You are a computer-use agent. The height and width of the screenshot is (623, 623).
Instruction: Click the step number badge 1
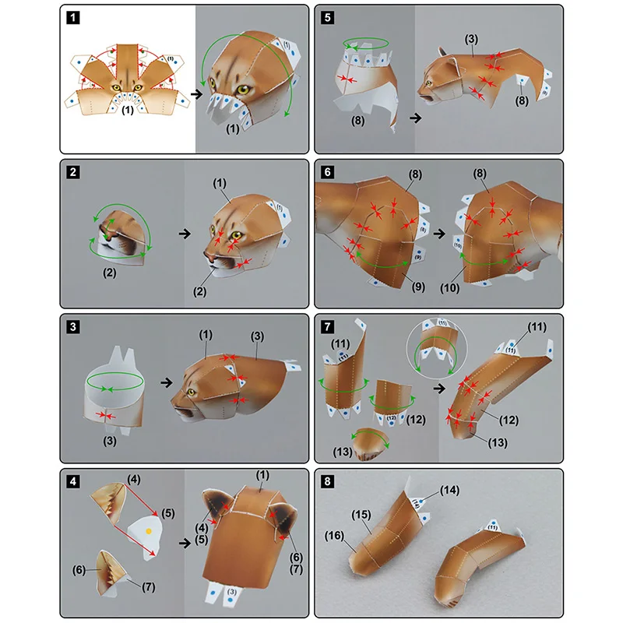[72, 16]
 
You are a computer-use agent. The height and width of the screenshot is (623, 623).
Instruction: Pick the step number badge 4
[72, 480]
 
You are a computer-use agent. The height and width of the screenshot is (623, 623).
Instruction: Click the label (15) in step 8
[360, 515]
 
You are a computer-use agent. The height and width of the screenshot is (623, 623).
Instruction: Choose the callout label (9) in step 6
[417, 287]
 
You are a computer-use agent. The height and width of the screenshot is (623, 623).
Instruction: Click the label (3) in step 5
[470, 39]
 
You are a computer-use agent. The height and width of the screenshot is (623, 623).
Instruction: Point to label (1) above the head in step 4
[262, 474]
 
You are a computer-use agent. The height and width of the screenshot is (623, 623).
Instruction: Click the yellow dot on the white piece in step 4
[148, 530]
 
